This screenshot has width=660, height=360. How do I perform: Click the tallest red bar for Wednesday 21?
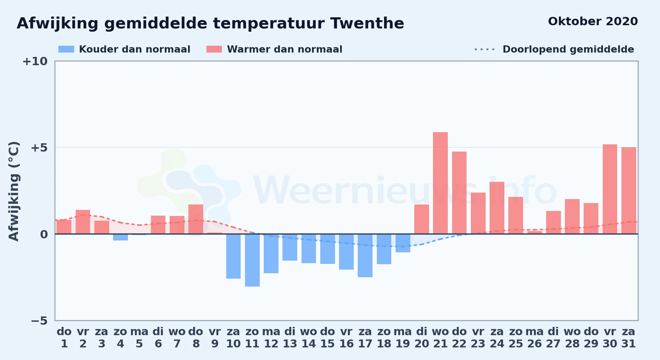pos(440,183)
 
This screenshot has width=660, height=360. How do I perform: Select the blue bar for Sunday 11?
pos(252,260)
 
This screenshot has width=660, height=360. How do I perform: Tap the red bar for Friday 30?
pos(610,189)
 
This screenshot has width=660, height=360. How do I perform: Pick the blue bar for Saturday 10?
pos(233,256)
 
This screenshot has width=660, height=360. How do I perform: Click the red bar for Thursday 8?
pos(196,219)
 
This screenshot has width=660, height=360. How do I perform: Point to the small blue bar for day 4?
pos(120,237)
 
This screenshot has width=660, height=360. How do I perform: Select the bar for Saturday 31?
pos(629,190)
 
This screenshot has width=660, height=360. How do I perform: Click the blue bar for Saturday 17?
pos(365,256)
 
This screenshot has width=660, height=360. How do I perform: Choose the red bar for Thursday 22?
pos(459,193)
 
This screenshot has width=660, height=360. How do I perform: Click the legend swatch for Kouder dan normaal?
pos(66,49)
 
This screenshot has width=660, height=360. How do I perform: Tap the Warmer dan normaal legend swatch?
pos(214,49)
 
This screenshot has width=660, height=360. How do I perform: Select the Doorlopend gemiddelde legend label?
pos(568,49)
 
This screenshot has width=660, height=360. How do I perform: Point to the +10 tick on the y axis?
pos(35,61)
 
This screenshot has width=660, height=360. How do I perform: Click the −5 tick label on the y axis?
pos(39,320)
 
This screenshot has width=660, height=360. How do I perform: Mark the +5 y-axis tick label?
pos(39,148)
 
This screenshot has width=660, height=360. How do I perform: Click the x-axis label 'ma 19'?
pos(403,337)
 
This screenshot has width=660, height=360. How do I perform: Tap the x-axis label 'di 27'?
pos(553,337)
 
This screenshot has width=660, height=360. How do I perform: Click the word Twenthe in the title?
pos(367,23)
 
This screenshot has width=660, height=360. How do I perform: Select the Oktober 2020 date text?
pos(593,21)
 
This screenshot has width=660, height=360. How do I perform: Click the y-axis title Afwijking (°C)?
pos(14,191)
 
